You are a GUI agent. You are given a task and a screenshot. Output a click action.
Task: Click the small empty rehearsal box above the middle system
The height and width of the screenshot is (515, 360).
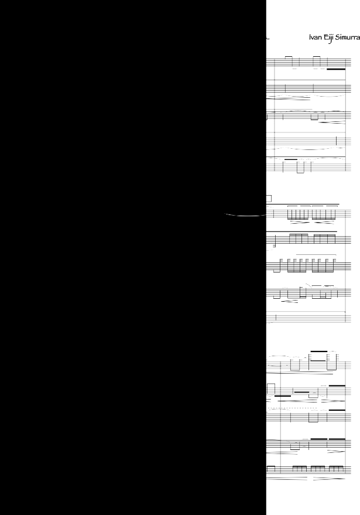click(x=269, y=198)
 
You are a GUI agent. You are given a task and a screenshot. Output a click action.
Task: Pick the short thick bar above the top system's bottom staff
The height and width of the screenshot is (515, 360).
click(x=290, y=159)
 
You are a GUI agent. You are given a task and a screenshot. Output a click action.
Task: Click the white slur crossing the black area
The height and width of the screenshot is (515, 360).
click(x=243, y=216)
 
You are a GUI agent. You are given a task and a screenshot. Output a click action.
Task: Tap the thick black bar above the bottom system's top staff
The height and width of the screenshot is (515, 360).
click(x=318, y=351)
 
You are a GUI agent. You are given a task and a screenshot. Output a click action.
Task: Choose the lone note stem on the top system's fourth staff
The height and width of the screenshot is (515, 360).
click(x=337, y=140)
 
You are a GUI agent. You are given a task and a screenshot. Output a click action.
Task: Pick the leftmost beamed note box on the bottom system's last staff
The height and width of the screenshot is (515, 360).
click(x=298, y=468)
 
